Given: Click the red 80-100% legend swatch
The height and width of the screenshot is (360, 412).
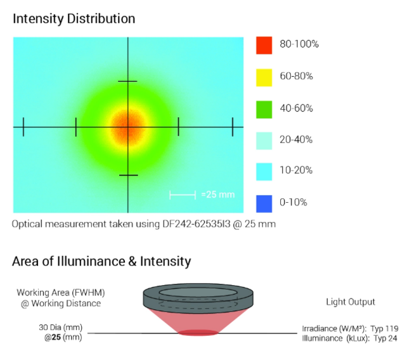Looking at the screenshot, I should click(264, 45).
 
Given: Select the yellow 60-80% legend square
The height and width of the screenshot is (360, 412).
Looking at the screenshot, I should click(264, 77).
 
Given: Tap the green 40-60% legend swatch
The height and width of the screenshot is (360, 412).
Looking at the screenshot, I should click(264, 108).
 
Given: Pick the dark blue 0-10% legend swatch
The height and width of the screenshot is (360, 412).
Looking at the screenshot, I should click(264, 203).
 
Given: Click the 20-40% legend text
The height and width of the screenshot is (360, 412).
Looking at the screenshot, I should click(296, 139).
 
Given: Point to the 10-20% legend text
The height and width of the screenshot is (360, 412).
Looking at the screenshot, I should click(296, 170).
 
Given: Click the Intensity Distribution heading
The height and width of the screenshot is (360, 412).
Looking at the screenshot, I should click(74, 19).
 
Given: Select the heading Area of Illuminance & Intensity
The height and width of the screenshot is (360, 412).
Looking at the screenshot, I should click(101, 260).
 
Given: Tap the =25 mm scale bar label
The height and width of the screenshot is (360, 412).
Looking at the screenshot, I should click(218, 195).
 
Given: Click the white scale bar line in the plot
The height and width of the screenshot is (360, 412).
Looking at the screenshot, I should click(183, 195).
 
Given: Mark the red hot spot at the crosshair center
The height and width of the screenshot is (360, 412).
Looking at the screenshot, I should click(128, 126).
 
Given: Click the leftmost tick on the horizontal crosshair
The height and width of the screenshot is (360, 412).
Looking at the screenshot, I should click(23, 127).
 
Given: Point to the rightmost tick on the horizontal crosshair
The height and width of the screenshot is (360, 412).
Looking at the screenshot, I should click(233, 127).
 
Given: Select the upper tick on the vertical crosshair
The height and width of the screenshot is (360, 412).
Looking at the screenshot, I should click(128, 81).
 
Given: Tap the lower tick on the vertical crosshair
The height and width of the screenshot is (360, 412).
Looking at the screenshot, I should click(128, 175).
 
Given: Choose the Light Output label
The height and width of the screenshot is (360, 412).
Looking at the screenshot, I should click(351, 302).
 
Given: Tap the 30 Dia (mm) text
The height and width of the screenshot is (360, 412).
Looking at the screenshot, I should click(60, 328).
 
